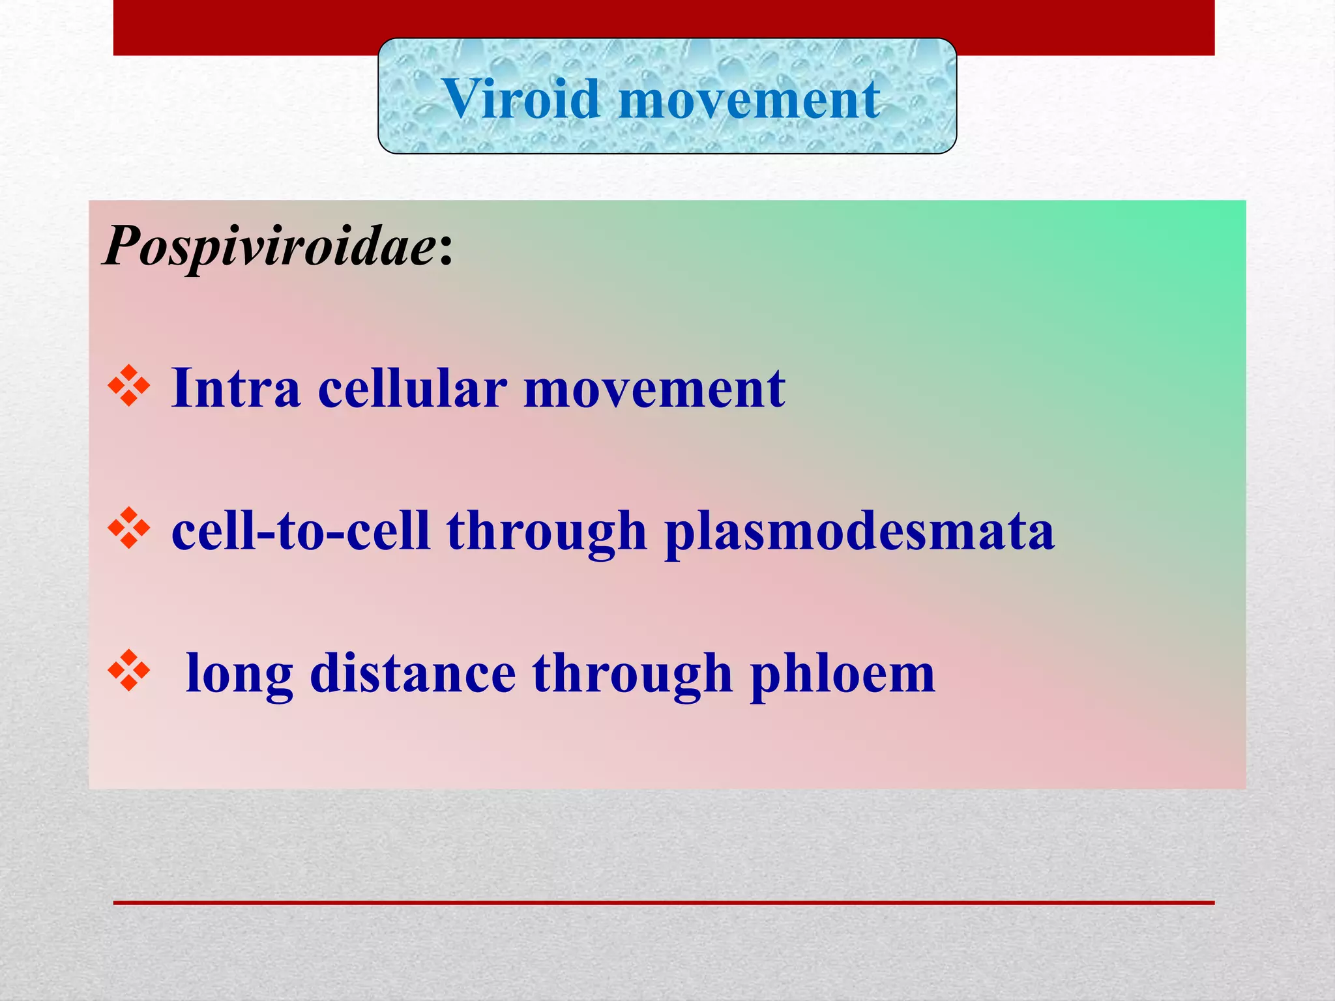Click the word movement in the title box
[x=749, y=99]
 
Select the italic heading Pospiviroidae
[x=269, y=246]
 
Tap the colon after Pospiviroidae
[x=446, y=251]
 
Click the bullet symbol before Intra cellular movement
[x=129, y=387]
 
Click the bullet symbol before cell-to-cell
[x=129, y=528]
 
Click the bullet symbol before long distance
[x=129, y=671]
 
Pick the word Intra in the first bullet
[x=235, y=388]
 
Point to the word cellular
[x=412, y=388]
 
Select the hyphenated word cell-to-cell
[x=301, y=530]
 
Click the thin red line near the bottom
[x=664, y=903]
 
